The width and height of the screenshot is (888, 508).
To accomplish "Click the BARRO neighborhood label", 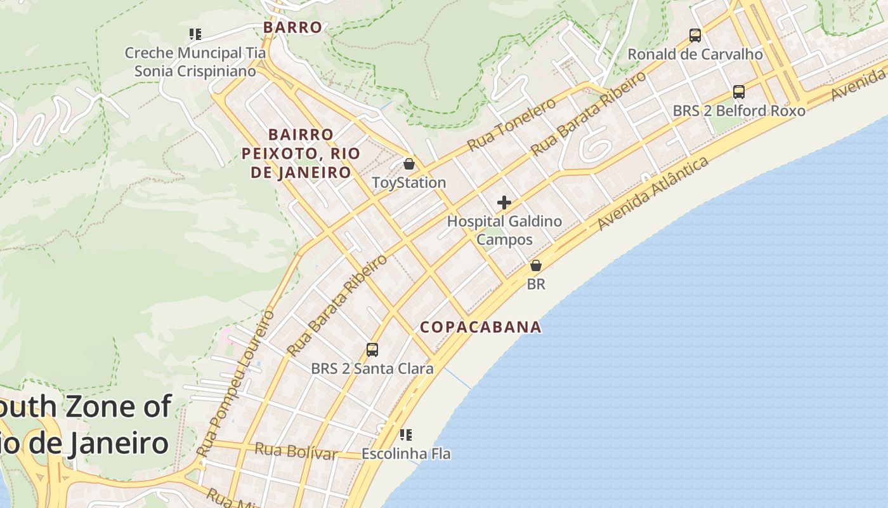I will click(x=292, y=27).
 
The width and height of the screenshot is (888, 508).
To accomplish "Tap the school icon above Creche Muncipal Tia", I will click(x=195, y=34).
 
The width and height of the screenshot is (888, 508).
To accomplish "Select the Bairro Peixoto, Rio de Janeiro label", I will click(x=301, y=154).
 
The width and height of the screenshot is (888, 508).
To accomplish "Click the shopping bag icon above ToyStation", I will click(x=409, y=164).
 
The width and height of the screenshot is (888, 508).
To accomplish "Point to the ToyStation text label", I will click(x=409, y=183).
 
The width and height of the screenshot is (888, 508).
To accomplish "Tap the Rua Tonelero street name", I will click(x=512, y=124).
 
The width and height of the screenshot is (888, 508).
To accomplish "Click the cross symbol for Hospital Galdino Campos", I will click(x=504, y=203).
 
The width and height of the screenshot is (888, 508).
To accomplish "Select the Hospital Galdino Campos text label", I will click(x=504, y=231).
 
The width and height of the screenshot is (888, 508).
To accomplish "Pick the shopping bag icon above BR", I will click(x=536, y=265).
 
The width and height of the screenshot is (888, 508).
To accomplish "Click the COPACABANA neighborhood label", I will click(x=481, y=327).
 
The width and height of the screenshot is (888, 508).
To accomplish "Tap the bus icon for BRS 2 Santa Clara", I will click(x=372, y=350).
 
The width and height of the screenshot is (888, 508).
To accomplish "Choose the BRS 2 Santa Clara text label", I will click(x=372, y=368).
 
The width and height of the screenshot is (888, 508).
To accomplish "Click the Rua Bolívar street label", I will click(x=296, y=452).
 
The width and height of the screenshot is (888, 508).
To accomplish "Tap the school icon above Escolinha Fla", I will click(x=406, y=436).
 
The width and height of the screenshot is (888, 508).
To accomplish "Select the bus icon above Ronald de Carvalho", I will click(x=695, y=36).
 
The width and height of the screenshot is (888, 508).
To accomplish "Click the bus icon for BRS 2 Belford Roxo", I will click(x=739, y=92).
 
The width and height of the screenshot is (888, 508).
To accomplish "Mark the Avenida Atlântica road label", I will click(x=653, y=194).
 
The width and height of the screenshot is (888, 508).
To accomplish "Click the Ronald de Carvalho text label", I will click(x=695, y=55).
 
